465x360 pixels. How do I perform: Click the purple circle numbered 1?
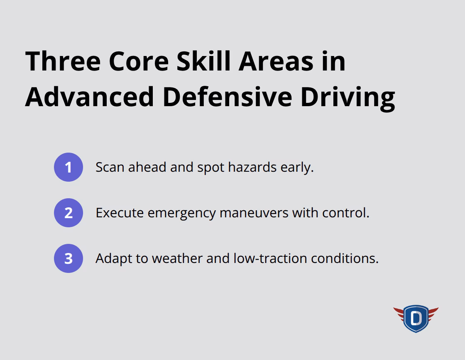69,167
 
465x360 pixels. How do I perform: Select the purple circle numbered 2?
69,213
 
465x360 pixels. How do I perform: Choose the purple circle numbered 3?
69,258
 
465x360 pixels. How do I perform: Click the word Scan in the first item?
110,167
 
